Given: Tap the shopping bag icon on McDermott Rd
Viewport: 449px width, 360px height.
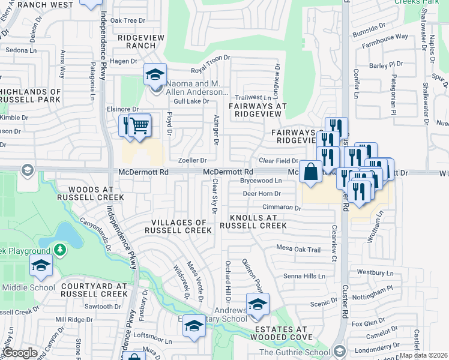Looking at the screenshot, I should (311, 172).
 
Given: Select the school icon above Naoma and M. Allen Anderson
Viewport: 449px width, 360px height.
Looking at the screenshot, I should (155, 75).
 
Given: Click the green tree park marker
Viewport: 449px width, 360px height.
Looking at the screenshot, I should (59, 248).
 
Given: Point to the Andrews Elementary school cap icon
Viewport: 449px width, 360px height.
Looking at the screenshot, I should (258, 305).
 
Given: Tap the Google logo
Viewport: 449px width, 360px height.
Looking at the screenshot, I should (20, 353).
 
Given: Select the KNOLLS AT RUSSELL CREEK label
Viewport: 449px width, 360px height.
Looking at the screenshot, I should (253, 221).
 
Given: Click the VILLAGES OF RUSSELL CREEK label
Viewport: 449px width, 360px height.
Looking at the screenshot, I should (178, 226).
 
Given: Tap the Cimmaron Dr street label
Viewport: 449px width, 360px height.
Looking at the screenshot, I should (281, 207).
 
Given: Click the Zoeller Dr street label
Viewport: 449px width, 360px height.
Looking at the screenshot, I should (192, 161).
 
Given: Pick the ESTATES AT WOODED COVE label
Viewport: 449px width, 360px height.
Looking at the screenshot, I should (280, 334).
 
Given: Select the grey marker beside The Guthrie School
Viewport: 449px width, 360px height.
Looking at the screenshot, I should (339, 350).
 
